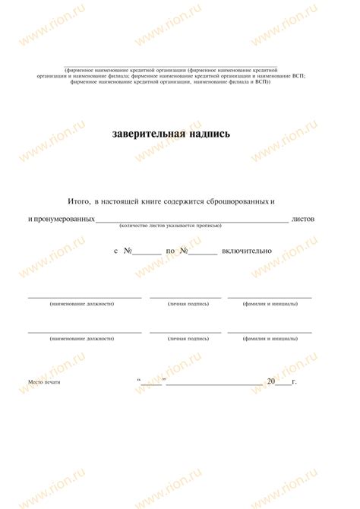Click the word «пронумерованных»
[63, 219]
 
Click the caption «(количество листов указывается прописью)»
[170, 226]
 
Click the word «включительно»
[248, 251]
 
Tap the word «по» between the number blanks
[170, 251]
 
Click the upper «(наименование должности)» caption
[82, 304]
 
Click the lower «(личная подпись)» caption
[188, 339]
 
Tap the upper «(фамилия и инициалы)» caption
[270, 304]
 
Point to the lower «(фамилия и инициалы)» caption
[270, 339]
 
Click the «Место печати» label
[44, 381]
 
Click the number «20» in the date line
[271, 381]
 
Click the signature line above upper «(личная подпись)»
[185, 297]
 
